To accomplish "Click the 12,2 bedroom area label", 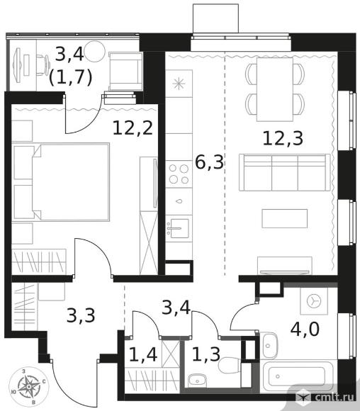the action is [x=133, y=128].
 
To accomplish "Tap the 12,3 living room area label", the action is [x=283, y=138].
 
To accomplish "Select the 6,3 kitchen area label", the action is [x=210, y=162].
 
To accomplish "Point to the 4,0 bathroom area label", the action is [x=305, y=330].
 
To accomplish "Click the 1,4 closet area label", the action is [x=143, y=354].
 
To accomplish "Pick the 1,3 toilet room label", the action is [x=206, y=354].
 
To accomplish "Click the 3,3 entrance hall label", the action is [x=81, y=315].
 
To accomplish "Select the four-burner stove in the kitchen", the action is [x=179, y=174].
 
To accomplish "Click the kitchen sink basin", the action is [x=179, y=228].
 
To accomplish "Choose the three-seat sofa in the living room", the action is [x=284, y=172].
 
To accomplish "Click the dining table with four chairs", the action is [x=275, y=90].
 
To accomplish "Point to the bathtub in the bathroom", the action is [x=298, y=377].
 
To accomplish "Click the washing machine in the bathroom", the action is [x=314, y=301].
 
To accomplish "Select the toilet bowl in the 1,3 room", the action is [x=230, y=366].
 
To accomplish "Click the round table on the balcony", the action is [x=95, y=51].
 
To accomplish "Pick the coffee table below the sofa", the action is [x=284, y=218].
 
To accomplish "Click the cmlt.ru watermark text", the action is [x=334, y=397].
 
